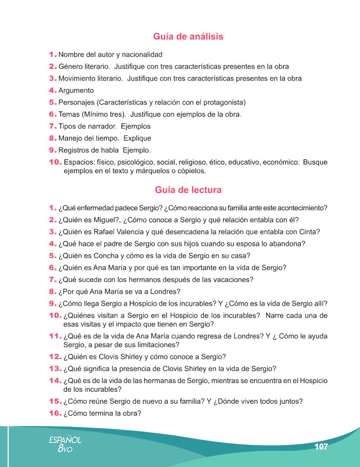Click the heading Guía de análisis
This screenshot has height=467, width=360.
coord(188,37)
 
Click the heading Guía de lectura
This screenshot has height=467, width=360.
coord(188,190)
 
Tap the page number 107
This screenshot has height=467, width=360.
coord(321,447)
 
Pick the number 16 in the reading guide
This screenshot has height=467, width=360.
coord(54,414)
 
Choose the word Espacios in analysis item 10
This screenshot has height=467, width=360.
coord(79,162)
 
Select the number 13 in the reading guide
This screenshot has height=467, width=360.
coord(54,369)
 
